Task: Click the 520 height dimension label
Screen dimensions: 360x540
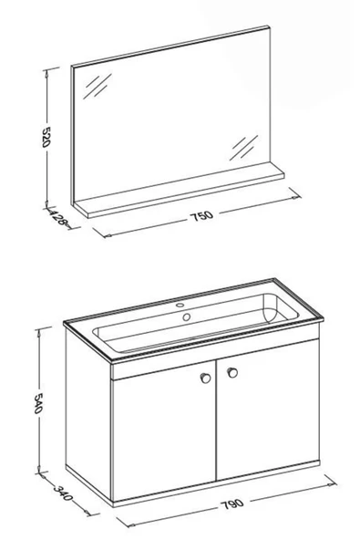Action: pos(46,137)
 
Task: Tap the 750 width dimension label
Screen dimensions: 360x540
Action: pos(201,216)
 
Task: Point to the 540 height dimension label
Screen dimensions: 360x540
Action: pos(38,403)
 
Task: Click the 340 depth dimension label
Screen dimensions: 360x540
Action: pos(63,493)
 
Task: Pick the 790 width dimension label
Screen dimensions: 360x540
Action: pos(232,504)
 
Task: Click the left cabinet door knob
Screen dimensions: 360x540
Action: pos(205,378)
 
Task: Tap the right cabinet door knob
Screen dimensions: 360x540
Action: pos(232,372)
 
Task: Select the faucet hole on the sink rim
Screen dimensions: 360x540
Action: pos(180,305)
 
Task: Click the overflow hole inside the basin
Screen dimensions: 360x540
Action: pos(187,317)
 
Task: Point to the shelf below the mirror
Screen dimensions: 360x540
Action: pos(179,190)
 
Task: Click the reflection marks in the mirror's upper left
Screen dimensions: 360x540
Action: pos(97,86)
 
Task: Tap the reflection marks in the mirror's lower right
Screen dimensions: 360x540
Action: pos(243,148)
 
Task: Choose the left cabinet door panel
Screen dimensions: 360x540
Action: pos(165,431)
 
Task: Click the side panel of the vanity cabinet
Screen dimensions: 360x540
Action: pos(88,413)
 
